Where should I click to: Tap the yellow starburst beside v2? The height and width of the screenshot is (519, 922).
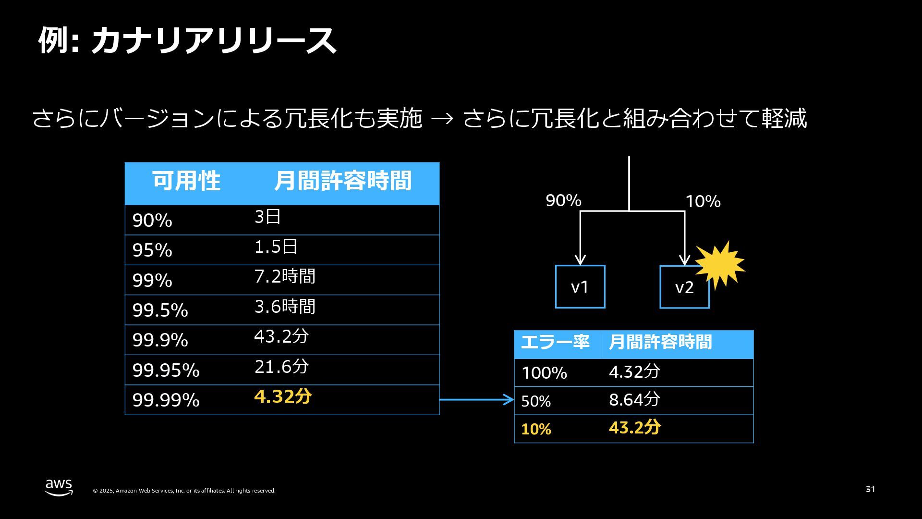coord(720,265)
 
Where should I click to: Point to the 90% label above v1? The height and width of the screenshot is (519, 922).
coord(563,200)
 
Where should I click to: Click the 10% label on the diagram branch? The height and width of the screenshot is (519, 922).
coord(703,201)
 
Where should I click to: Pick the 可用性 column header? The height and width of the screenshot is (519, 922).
coord(186,181)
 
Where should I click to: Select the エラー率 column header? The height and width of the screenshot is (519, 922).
coord(555,342)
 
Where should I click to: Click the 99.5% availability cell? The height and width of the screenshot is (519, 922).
coord(160,310)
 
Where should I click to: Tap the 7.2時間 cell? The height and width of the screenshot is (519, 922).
coord(285,276)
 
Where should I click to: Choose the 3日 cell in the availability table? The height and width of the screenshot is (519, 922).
coord(267,217)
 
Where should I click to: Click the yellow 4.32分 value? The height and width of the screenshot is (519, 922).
coord(283,396)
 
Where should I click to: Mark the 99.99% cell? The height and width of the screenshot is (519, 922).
coord(166,400)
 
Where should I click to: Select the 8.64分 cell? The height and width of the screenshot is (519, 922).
coord(634,399)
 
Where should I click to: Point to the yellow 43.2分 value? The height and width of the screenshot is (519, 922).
coord(635,427)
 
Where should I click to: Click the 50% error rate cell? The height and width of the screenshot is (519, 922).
coord(536,401)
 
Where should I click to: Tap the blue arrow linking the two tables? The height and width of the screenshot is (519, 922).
coord(477,399)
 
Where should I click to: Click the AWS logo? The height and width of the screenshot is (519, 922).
coord(59,487)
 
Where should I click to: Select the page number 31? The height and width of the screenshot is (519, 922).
coord(870,489)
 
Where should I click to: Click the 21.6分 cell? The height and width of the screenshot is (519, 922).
coord(281,367)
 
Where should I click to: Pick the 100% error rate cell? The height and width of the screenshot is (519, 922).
coord(544,373)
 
